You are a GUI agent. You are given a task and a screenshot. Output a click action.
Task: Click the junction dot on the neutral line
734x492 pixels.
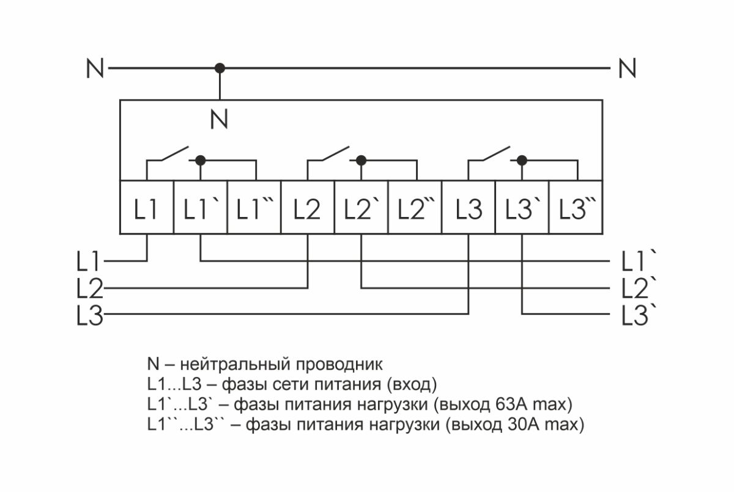(220, 68)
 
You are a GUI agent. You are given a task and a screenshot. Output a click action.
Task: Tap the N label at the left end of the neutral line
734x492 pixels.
(95, 68)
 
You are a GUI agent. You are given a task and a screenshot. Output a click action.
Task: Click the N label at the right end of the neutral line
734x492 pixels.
(627, 68)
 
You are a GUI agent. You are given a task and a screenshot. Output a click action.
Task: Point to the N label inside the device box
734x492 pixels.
(219, 119)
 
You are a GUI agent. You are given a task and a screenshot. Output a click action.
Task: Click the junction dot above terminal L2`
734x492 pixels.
(361, 160)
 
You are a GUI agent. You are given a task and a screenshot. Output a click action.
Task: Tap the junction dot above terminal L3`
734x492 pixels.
(522, 160)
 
